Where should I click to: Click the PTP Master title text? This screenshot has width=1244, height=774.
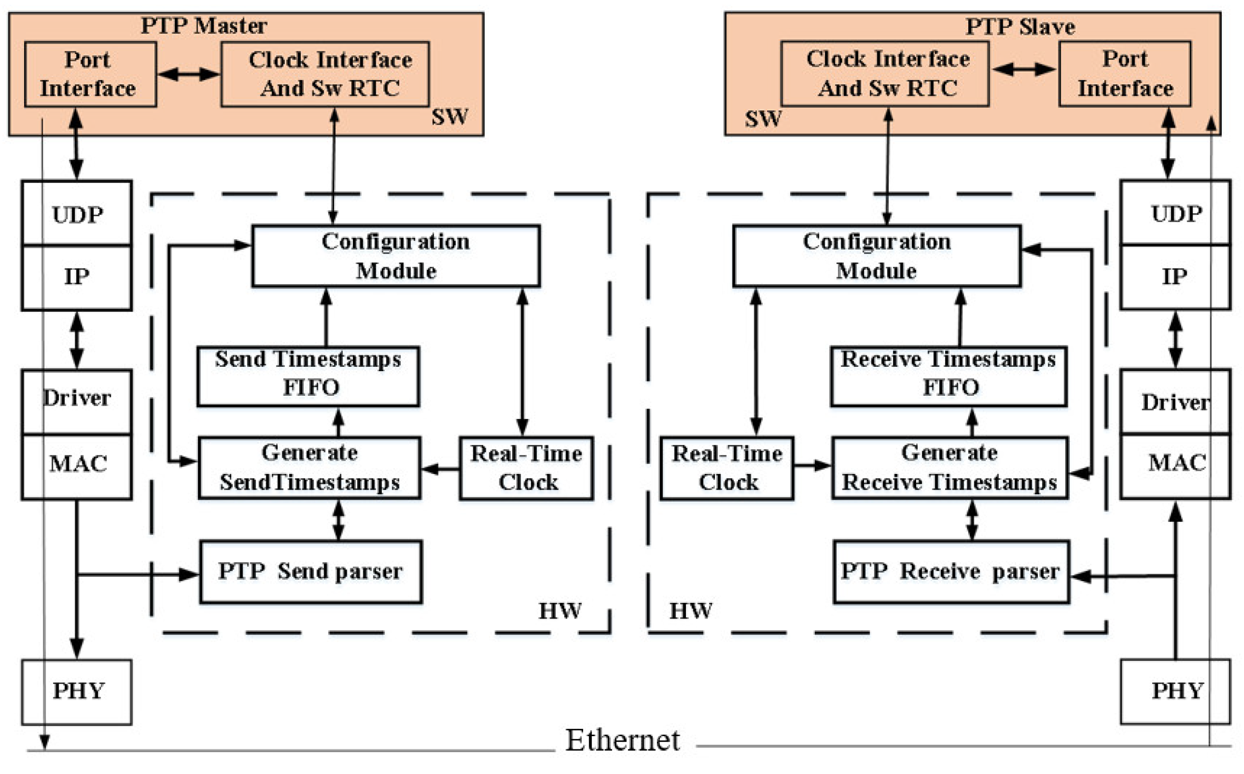[204, 26]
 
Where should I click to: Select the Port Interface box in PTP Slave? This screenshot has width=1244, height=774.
[1124, 74]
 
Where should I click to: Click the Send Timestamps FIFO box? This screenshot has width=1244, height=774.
[308, 376]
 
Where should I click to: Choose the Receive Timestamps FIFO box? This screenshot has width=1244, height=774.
[948, 376]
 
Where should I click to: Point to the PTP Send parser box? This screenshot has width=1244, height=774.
[310, 571]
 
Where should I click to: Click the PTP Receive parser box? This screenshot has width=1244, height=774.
[950, 571]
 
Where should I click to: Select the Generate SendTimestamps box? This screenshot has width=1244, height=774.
[309, 467]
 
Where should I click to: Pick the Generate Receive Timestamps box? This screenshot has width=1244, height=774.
[949, 467]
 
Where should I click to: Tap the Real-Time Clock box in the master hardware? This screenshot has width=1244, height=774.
[526, 468]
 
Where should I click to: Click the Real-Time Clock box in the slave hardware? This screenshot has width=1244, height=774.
[726, 468]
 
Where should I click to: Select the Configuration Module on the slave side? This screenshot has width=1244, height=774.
[877, 255]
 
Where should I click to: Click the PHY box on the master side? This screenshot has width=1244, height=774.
[77, 691]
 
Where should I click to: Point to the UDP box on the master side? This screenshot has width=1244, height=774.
[77, 213]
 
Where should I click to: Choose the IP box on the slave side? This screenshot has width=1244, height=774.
[1174, 277]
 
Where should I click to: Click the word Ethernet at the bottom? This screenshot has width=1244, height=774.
[622, 740]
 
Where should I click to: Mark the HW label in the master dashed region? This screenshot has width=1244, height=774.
[559, 610]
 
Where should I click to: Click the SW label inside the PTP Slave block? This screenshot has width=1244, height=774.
[763, 119]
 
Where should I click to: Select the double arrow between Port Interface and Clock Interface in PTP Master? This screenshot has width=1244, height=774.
[188, 74]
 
